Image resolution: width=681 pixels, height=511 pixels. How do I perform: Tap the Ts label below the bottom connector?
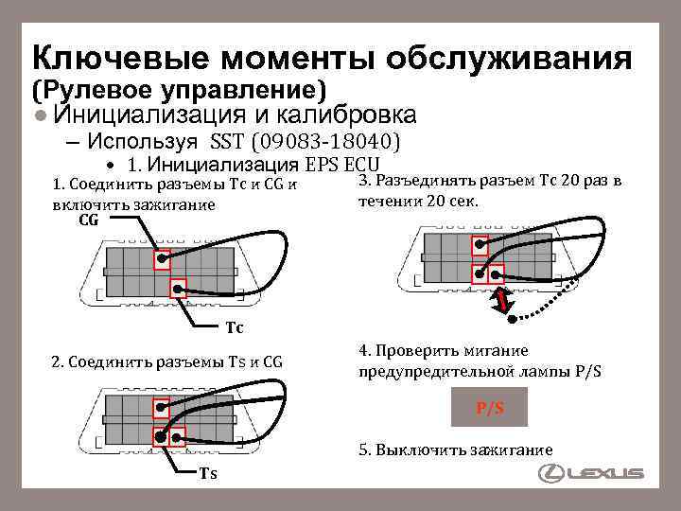pos(207,473)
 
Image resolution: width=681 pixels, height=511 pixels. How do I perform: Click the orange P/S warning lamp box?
pos(489,408)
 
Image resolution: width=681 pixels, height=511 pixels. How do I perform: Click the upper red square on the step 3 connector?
pos(482,246)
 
